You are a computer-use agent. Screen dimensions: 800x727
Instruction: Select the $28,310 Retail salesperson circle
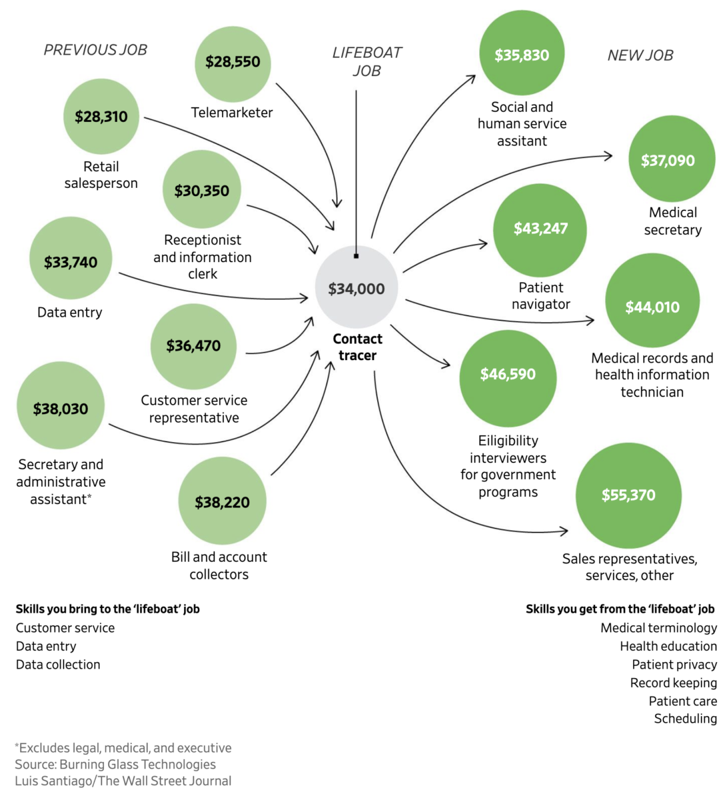tap(101, 117)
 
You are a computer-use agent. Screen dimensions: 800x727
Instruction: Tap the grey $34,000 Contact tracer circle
tap(357, 287)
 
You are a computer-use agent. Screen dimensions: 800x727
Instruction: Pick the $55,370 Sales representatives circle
tap(628, 495)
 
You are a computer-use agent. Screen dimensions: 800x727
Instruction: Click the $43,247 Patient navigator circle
tap(540, 229)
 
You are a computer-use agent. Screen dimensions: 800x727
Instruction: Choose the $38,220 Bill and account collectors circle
tap(222, 501)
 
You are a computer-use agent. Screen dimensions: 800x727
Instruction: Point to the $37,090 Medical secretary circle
tap(671, 160)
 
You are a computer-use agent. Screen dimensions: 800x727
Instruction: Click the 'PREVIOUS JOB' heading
tap(95, 50)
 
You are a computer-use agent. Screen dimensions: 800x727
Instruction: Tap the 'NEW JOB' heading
tap(640, 55)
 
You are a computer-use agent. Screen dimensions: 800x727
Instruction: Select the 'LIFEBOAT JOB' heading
tap(367, 61)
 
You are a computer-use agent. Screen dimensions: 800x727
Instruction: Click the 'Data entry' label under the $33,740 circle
tap(70, 312)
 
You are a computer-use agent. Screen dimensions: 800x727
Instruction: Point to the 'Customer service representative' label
tap(194, 409)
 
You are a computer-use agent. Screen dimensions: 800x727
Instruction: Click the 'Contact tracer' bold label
tap(357, 347)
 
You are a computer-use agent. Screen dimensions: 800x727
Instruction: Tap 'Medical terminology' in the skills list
tap(658, 628)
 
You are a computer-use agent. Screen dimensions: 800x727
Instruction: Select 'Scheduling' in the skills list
tap(685, 719)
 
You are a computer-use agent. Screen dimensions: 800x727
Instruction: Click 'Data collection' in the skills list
tap(58, 665)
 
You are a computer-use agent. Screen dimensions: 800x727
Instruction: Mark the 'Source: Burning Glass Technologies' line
tap(115, 765)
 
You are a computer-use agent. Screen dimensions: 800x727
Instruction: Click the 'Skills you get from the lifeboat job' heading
tap(620, 609)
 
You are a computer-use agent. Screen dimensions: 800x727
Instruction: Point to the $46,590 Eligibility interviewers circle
tap(508, 374)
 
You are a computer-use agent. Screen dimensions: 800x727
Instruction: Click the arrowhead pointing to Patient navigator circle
tap(484, 244)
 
